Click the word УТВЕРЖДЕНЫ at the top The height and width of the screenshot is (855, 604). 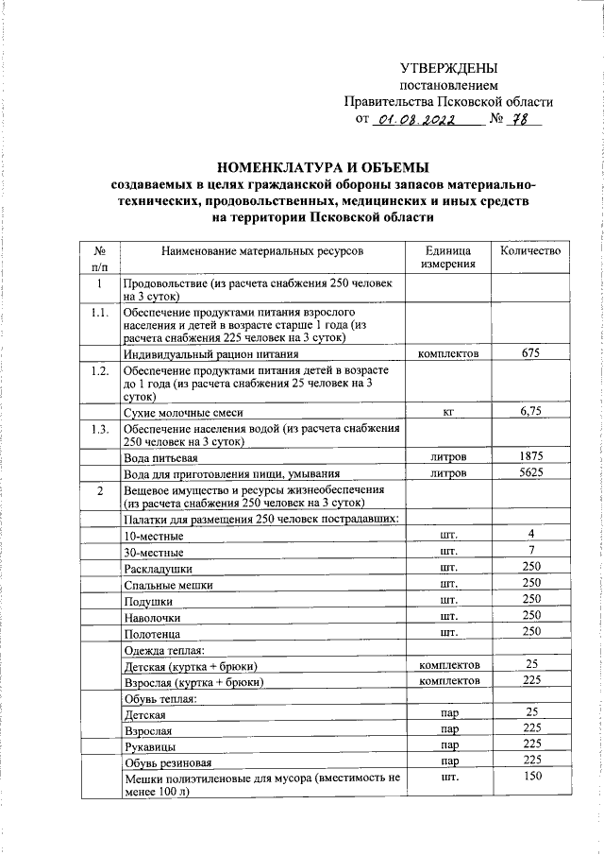[x=448, y=68]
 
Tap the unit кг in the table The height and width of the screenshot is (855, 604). [x=448, y=412]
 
